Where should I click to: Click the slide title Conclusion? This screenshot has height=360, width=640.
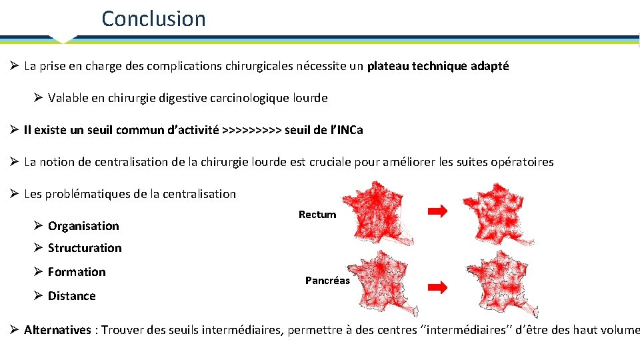(x=153, y=19)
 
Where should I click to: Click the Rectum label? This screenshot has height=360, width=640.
(x=317, y=215)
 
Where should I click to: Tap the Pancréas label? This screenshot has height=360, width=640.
(x=327, y=281)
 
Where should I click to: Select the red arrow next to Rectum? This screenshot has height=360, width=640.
(x=437, y=211)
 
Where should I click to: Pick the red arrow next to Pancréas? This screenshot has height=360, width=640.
(x=437, y=287)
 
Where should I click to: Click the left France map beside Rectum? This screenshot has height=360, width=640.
(x=377, y=213)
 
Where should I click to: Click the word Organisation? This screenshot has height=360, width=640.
(x=83, y=226)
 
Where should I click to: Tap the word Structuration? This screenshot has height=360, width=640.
(x=85, y=248)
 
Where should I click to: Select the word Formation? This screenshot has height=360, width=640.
(x=77, y=272)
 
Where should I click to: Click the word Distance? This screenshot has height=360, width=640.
(x=72, y=296)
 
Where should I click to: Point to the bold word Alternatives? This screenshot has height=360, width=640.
(x=57, y=330)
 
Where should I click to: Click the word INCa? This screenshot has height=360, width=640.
(x=350, y=130)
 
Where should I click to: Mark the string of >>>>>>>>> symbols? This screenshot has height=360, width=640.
(x=251, y=130)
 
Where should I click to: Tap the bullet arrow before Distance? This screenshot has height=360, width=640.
(x=39, y=295)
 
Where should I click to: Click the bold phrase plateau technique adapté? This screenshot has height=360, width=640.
(x=437, y=66)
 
